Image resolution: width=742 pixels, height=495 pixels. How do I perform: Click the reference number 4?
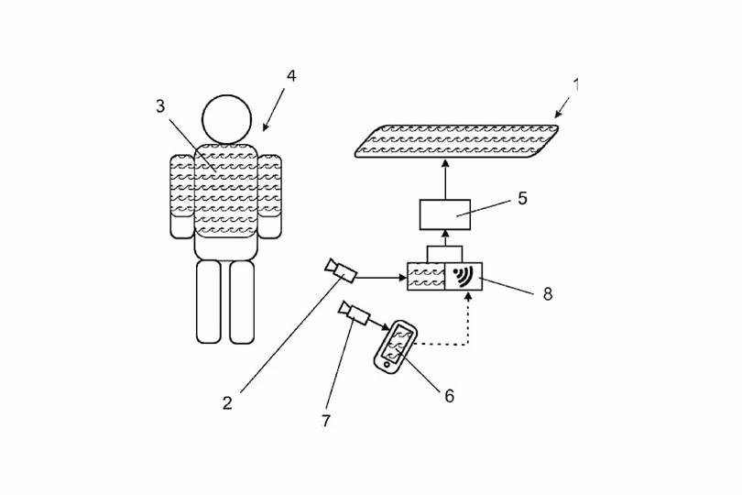[x=291, y=76]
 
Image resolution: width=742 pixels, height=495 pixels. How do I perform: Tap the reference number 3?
[x=161, y=106]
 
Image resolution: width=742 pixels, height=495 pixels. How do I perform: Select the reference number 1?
[x=576, y=84]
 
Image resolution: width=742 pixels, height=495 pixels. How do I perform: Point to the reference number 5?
[x=522, y=199]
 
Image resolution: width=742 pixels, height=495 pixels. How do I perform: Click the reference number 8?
[x=548, y=293]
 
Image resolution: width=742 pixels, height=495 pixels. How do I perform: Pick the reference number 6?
[x=449, y=395]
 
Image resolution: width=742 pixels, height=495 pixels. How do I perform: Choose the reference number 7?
[x=326, y=420]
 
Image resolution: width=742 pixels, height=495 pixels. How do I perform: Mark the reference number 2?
[x=227, y=403]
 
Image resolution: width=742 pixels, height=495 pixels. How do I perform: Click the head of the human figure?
[x=226, y=119]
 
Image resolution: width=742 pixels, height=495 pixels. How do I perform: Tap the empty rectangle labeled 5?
[x=445, y=214]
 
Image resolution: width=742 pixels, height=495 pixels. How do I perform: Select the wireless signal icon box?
[x=464, y=276]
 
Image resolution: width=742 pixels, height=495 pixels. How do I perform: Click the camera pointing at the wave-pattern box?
[x=340, y=270]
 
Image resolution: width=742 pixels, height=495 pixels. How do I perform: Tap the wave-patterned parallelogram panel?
[x=457, y=140]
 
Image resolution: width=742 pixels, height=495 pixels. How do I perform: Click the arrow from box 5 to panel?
[x=445, y=179]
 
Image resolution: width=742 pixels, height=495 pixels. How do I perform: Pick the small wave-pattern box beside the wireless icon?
[x=426, y=276]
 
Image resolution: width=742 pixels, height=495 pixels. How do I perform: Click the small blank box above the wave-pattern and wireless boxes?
[x=444, y=254]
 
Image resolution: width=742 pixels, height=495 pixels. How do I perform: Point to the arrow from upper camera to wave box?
[x=381, y=278]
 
